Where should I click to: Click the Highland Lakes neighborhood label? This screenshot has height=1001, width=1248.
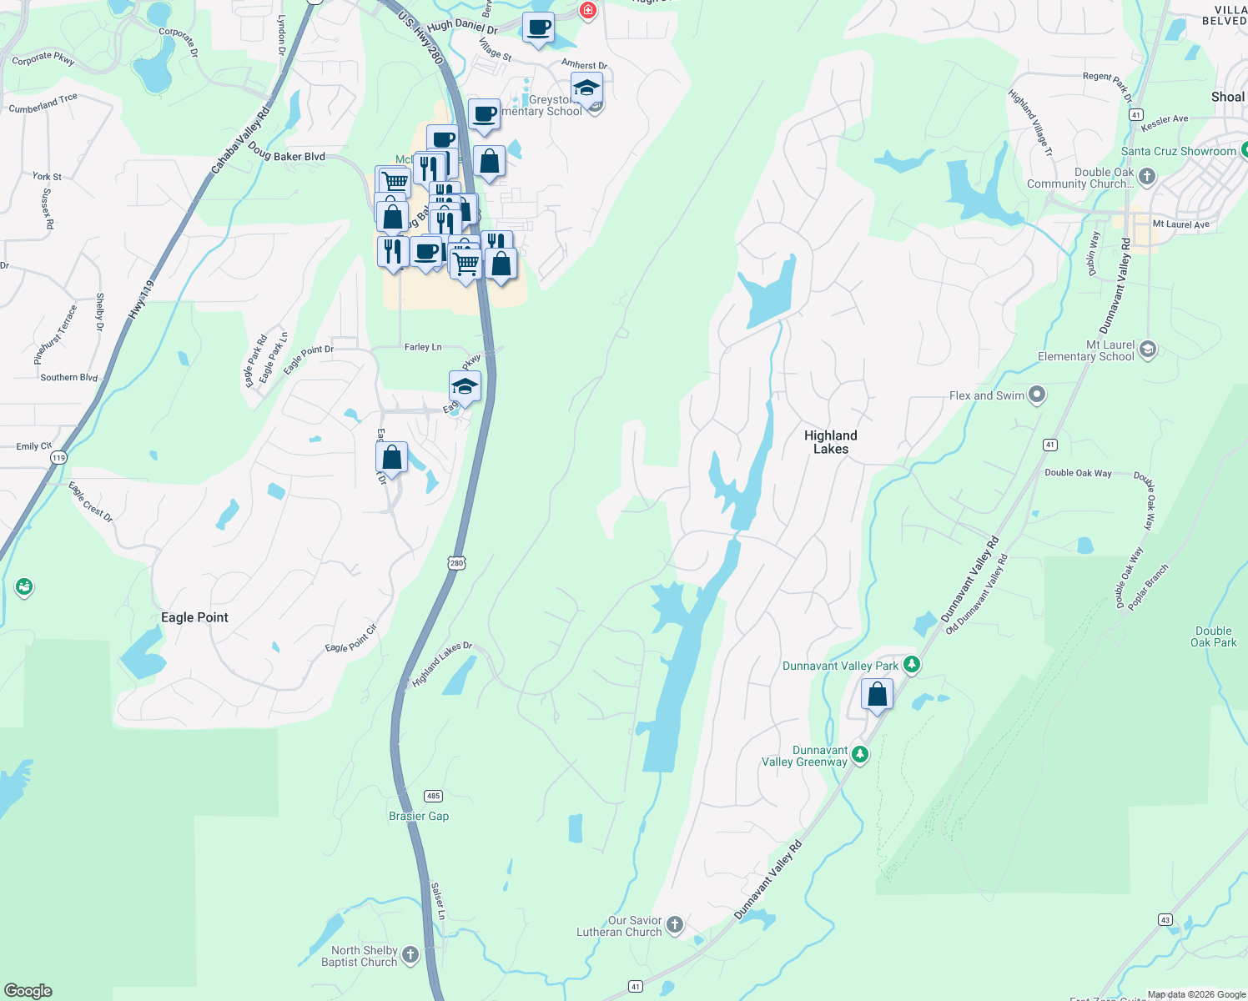pyautogui.click(x=830, y=442)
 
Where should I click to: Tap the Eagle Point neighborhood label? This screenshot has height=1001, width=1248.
pyautogui.click(x=194, y=617)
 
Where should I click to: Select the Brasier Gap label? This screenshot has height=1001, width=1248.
pyautogui.click(x=419, y=816)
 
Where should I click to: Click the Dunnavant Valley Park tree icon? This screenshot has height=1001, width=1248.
pyautogui.click(x=912, y=665)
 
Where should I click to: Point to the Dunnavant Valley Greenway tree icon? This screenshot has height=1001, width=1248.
pyautogui.click(x=860, y=755)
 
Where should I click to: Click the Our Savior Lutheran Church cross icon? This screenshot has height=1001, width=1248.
pyautogui.click(x=675, y=924)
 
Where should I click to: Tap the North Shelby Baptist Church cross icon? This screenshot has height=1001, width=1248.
pyautogui.click(x=410, y=954)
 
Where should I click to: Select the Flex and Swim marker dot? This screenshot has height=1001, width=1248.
pyautogui.click(x=1037, y=395)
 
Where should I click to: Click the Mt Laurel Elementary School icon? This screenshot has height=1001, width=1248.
pyautogui.click(x=1148, y=350)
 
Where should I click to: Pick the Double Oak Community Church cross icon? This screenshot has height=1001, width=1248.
pyautogui.click(x=1147, y=176)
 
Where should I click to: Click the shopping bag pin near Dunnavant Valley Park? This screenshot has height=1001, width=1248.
pyautogui.click(x=877, y=694)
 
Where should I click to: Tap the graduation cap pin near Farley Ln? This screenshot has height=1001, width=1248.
pyautogui.click(x=465, y=387)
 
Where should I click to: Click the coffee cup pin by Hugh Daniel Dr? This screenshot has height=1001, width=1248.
pyautogui.click(x=538, y=28)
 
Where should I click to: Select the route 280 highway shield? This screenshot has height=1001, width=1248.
pyautogui.click(x=456, y=563)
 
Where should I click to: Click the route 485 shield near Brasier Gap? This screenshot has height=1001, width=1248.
pyautogui.click(x=432, y=796)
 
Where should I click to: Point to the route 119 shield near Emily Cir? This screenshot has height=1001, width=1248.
pyautogui.click(x=58, y=458)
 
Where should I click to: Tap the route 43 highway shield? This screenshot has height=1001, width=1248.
pyautogui.click(x=1165, y=920)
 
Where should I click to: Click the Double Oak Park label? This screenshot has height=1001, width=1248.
pyautogui.click(x=1213, y=636)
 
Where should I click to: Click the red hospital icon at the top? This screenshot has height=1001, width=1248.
pyautogui.click(x=588, y=10)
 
